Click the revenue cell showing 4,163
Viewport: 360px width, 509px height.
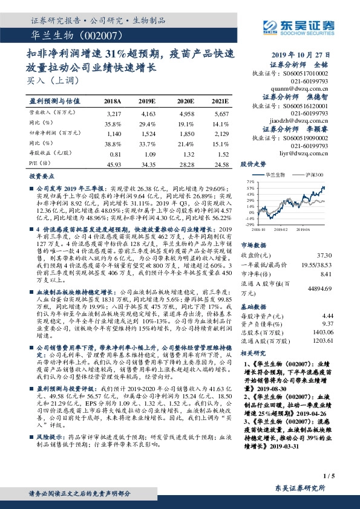(x=148, y=113)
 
